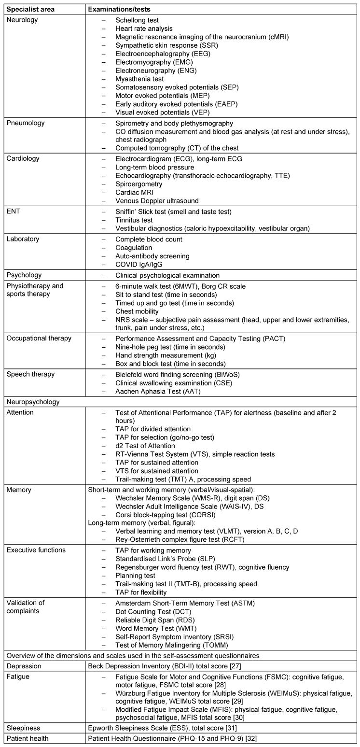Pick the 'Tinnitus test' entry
tap(134, 220)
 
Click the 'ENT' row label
tap(13, 211)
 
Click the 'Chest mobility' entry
tap(137, 311)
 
